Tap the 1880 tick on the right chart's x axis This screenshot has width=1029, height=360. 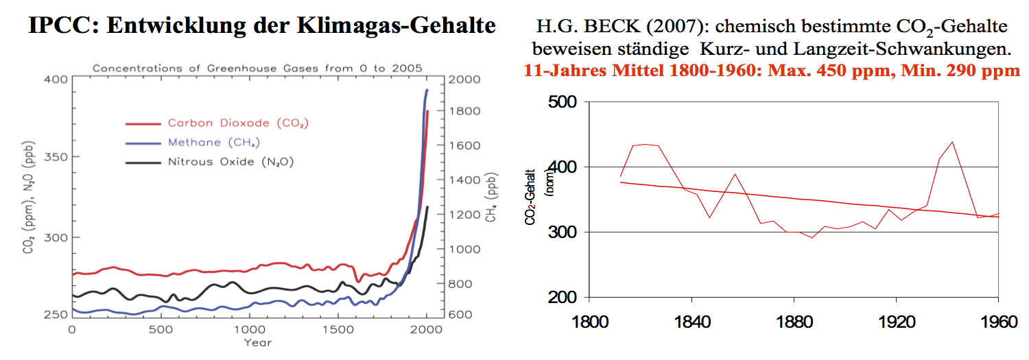point(793,321)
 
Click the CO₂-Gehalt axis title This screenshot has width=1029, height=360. point(532,200)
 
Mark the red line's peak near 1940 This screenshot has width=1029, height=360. point(953,142)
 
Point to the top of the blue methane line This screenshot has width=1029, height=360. point(427,90)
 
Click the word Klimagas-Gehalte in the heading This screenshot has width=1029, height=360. point(404,26)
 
